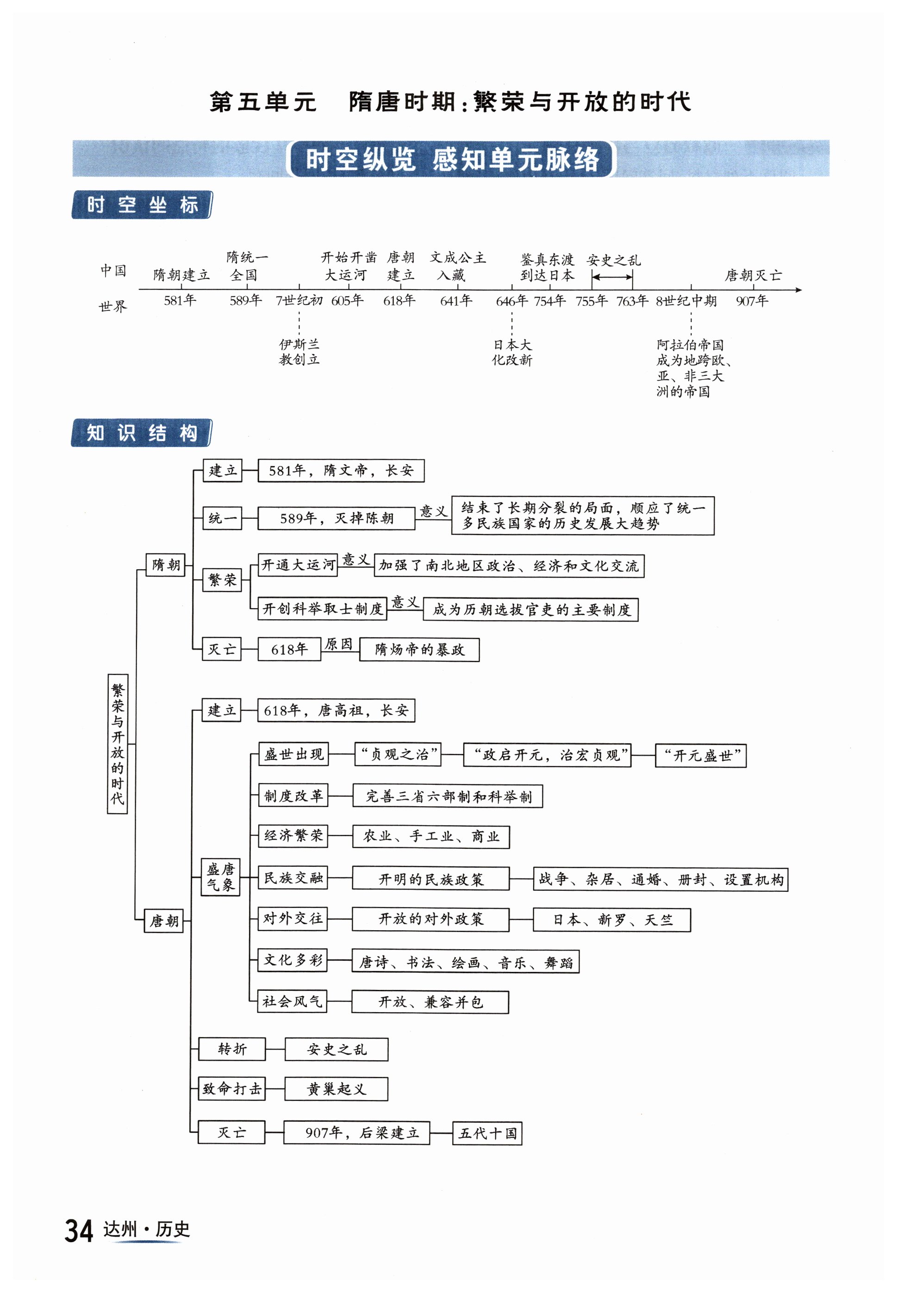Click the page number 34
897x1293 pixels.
click(79, 1230)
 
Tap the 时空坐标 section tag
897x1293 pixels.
click(142, 205)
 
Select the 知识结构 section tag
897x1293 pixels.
click(142, 433)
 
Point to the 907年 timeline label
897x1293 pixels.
click(752, 301)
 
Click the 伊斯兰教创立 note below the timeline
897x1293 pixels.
click(299, 352)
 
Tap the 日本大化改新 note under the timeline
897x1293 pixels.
click(512, 352)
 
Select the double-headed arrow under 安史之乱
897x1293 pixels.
click(612, 276)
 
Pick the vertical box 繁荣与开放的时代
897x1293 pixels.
click(118, 743)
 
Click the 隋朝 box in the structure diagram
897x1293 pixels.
click(166, 564)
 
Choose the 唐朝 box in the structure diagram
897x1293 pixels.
click(164, 920)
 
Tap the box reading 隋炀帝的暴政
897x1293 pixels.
click(419, 650)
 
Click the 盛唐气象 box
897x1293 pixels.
click(221, 877)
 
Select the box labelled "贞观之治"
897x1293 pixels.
click(398, 754)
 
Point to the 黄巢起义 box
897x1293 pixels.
click(336, 1088)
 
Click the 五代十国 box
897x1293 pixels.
click(487, 1133)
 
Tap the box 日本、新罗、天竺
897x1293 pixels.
click(611, 920)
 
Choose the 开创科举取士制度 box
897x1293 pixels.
click(323, 609)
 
